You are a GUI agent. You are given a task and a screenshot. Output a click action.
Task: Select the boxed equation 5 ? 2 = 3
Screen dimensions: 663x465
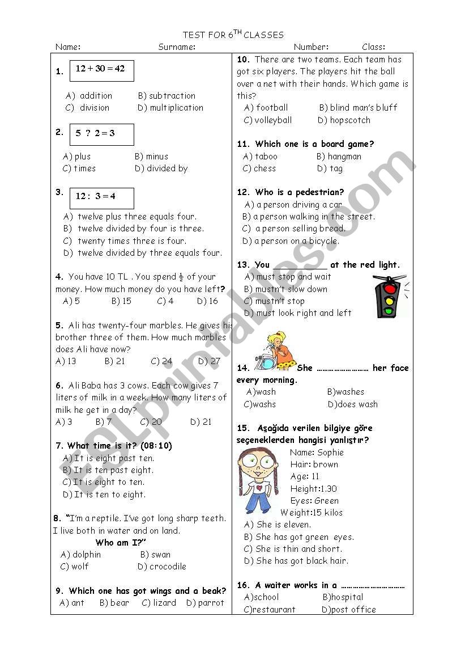point(102,134)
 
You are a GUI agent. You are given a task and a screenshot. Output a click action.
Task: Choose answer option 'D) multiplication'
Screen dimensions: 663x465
point(170,108)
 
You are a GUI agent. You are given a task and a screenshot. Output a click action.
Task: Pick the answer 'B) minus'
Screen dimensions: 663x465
point(151,157)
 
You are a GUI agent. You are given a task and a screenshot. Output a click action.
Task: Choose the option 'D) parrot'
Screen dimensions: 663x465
point(205,603)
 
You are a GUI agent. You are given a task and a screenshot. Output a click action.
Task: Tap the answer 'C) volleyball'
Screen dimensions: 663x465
point(268,120)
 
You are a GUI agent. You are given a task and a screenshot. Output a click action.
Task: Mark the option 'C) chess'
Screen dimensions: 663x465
point(259,168)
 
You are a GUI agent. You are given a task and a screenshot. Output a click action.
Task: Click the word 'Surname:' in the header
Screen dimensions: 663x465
point(177,47)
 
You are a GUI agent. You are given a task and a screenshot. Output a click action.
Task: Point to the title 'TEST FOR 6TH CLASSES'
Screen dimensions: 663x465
point(233,35)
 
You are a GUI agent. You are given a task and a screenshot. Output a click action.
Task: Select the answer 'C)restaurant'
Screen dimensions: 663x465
point(270,610)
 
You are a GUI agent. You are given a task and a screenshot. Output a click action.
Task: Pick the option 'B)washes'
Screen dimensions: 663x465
point(345,392)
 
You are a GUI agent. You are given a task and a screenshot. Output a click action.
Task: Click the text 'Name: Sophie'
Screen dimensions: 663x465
point(317,453)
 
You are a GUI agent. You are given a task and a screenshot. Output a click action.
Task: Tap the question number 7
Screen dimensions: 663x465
point(59,446)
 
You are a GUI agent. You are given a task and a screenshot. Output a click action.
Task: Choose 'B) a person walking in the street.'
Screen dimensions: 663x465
point(309,217)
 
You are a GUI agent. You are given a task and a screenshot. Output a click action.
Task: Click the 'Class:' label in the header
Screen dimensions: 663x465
point(373,47)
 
